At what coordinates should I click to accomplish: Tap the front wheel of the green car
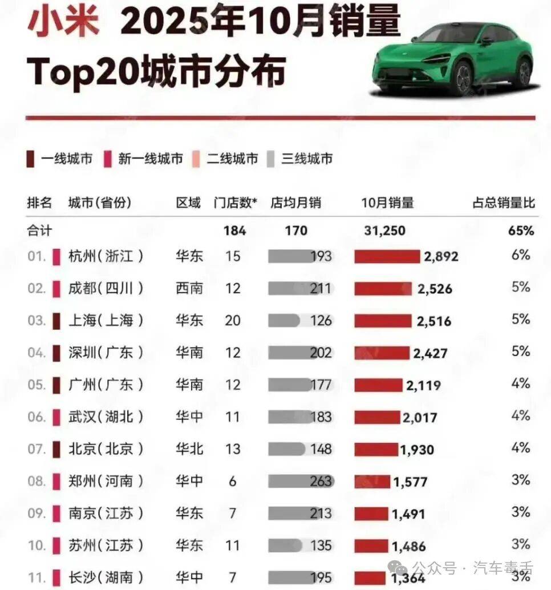point(463,78)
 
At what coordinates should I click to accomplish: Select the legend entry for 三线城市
point(300,159)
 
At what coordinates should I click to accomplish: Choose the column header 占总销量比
point(504,203)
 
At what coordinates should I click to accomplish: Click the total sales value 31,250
point(384,231)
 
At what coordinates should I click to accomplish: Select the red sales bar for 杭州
point(387,257)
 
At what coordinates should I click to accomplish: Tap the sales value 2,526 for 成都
point(435,289)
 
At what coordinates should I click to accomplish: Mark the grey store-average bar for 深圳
point(291,353)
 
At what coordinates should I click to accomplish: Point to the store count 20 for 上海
point(233,320)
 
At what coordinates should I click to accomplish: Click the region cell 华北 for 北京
point(189,449)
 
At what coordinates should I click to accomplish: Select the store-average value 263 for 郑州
point(321,482)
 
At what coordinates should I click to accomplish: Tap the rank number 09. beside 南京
point(37,514)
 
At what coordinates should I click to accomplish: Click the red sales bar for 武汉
point(377,418)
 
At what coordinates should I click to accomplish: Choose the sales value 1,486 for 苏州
point(408,546)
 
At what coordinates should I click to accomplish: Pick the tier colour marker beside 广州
point(56,385)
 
